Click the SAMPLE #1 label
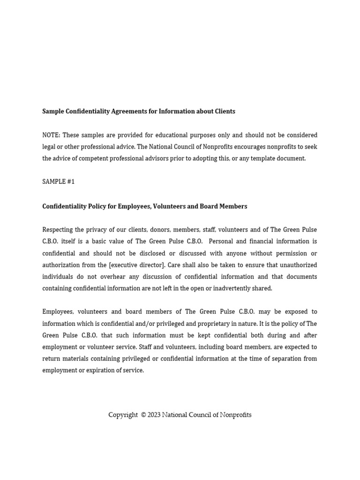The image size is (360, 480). pos(58,182)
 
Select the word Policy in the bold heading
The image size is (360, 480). pos(96,206)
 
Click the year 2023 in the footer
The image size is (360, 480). pos(154,415)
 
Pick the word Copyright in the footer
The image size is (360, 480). pos(123,415)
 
